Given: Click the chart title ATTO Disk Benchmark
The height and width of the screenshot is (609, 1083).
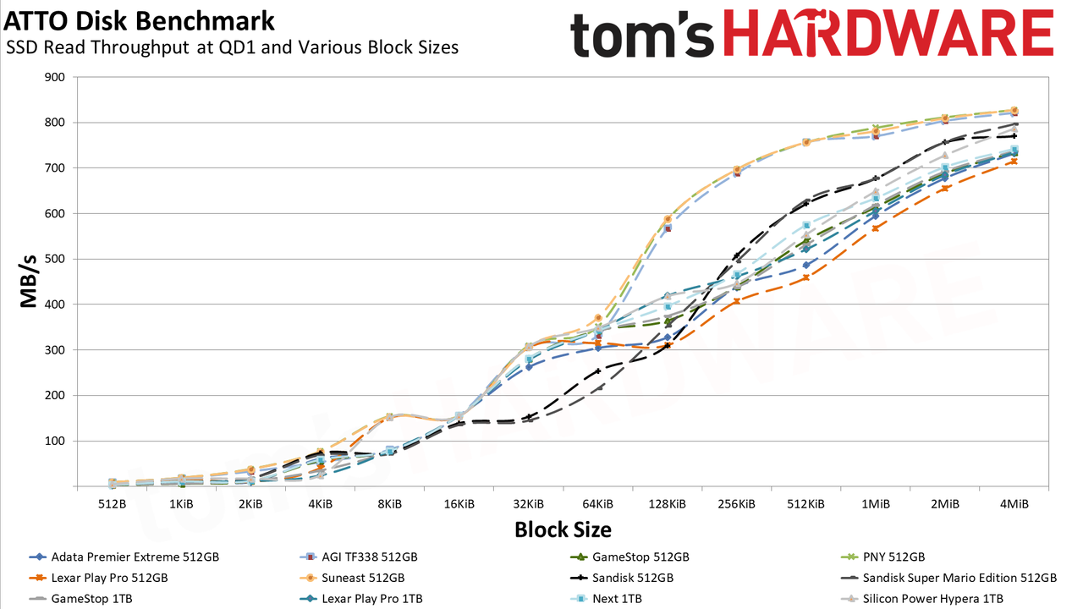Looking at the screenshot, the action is pyautogui.click(x=140, y=21).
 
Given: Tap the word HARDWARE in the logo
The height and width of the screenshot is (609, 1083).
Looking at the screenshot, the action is pyautogui.click(x=888, y=34).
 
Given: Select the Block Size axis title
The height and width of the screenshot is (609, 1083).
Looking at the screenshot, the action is pyautogui.click(x=563, y=529).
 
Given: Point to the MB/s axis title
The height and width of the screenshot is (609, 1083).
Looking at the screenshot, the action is pyautogui.click(x=28, y=282).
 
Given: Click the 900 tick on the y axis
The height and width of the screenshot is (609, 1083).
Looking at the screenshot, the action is pyautogui.click(x=54, y=77).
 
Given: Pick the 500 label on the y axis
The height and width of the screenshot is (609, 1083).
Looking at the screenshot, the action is pyautogui.click(x=54, y=259).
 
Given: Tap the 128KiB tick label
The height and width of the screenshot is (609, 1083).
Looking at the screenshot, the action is pyautogui.click(x=668, y=504).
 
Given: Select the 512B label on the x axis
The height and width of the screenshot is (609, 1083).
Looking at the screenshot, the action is pyautogui.click(x=113, y=504).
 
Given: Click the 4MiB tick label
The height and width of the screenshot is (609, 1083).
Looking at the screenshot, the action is pyautogui.click(x=1014, y=504).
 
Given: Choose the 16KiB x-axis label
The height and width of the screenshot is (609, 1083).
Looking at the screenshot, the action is pyautogui.click(x=459, y=504).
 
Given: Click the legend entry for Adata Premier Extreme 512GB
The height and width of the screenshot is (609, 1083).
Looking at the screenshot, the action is pyautogui.click(x=124, y=557).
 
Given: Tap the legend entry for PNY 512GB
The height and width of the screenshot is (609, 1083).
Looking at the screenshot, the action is pyautogui.click(x=882, y=557).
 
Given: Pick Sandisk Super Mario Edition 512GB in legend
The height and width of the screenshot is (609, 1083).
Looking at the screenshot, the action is pyautogui.click(x=949, y=578).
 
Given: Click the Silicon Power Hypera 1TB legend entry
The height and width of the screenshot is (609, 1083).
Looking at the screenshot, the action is pyautogui.click(x=922, y=598).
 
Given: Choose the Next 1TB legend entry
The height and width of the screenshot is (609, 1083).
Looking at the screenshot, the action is pyautogui.click(x=607, y=598).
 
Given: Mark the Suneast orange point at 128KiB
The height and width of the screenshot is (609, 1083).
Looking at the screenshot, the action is pyautogui.click(x=668, y=219).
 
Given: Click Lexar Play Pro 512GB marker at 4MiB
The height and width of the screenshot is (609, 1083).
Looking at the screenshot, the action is pyautogui.click(x=1014, y=162).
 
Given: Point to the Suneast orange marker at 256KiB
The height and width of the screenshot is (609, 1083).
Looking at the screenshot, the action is pyautogui.click(x=737, y=170).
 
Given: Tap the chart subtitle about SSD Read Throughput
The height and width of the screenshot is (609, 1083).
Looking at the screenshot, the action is pyautogui.click(x=232, y=47).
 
